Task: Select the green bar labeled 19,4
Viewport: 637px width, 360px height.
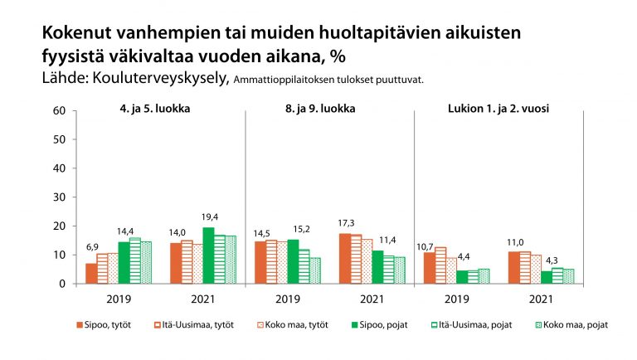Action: pos(208,255)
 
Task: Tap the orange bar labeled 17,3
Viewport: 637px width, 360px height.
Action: pos(344,259)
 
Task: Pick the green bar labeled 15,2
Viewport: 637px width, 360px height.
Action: pos(293,261)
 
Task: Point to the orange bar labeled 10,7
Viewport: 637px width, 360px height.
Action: pos(429,268)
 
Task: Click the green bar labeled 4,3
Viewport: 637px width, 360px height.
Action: pos(546,277)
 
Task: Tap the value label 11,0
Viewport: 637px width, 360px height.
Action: pos(513,245)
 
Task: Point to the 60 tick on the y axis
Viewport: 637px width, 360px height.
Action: pos(59,110)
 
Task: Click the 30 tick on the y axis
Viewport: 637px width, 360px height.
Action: pos(59,197)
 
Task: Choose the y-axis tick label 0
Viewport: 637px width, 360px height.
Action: pos(61,284)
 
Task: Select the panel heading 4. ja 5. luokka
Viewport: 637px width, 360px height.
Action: pos(160,109)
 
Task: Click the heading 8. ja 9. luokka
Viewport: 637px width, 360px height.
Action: pos(329,109)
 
